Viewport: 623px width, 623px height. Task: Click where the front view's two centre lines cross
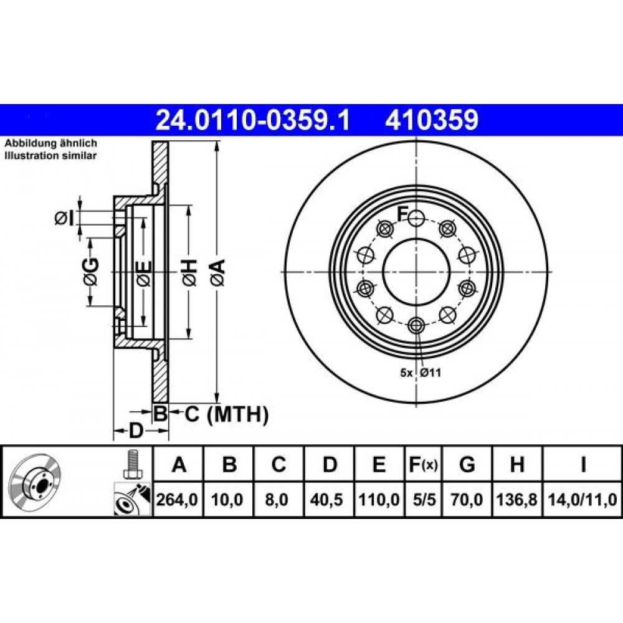pyautogui.click(x=416, y=272)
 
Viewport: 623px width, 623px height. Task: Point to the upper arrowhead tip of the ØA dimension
pyautogui.click(x=217, y=142)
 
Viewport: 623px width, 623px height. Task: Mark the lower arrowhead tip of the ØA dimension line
pyautogui.click(x=217, y=402)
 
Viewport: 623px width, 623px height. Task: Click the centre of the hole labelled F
pyautogui.click(x=416, y=217)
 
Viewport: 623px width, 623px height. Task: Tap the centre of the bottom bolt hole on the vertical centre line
pyautogui.click(x=416, y=326)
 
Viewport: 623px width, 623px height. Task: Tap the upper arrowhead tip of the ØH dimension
pyautogui.click(x=189, y=206)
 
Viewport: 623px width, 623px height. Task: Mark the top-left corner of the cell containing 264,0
pyautogui.click(x=153, y=482)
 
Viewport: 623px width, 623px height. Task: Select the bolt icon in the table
pyautogui.click(x=132, y=464)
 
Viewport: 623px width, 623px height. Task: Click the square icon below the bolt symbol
pyautogui.click(x=132, y=498)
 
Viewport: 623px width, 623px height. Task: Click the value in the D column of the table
pyautogui.click(x=329, y=500)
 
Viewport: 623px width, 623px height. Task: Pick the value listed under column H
pyautogui.click(x=517, y=500)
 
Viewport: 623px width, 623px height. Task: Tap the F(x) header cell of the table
pyautogui.click(x=424, y=464)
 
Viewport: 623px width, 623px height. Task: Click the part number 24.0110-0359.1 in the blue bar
pyautogui.click(x=253, y=120)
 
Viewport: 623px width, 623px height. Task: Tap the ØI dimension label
pyautogui.click(x=64, y=218)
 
